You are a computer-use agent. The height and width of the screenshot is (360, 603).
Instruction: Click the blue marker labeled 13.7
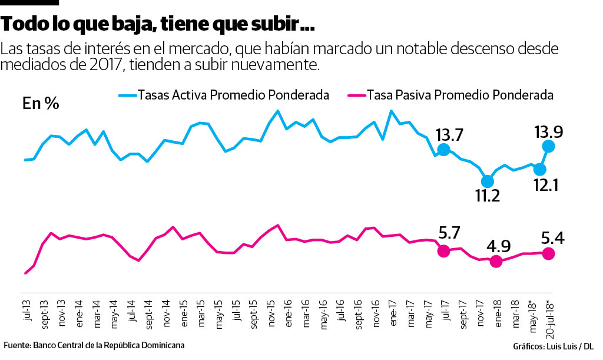pyautogui.click(x=444, y=150)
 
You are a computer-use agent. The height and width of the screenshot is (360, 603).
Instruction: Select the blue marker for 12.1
pyautogui.click(x=539, y=169)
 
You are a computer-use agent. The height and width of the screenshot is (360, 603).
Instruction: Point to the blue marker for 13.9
pyautogui.click(x=548, y=146)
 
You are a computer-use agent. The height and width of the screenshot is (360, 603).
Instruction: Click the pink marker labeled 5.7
pyautogui.click(x=444, y=251)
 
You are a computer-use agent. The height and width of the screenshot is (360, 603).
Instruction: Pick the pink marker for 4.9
pyautogui.click(x=496, y=262)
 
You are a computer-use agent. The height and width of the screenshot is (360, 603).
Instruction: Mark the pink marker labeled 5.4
pyautogui.click(x=548, y=253)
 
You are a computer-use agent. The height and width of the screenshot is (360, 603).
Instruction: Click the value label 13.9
pyautogui.click(x=548, y=131)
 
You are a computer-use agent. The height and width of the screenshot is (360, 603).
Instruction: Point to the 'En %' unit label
pyautogui.click(x=41, y=104)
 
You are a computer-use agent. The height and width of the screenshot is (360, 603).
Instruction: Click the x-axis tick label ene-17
pyautogui.click(x=392, y=315)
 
